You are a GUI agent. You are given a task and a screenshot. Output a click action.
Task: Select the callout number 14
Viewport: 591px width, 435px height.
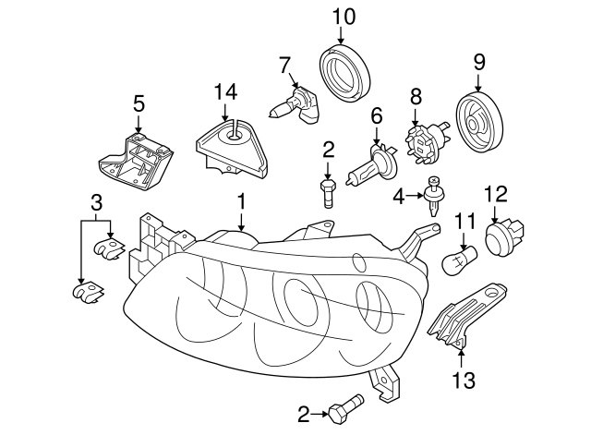(x=225, y=91)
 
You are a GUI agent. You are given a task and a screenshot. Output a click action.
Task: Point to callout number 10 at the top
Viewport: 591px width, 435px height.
(x=343, y=16)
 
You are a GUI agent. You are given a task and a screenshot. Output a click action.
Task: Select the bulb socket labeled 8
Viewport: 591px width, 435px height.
(x=426, y=140)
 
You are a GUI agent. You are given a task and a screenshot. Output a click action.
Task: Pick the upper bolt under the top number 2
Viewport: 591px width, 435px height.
(x=328, y=193)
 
